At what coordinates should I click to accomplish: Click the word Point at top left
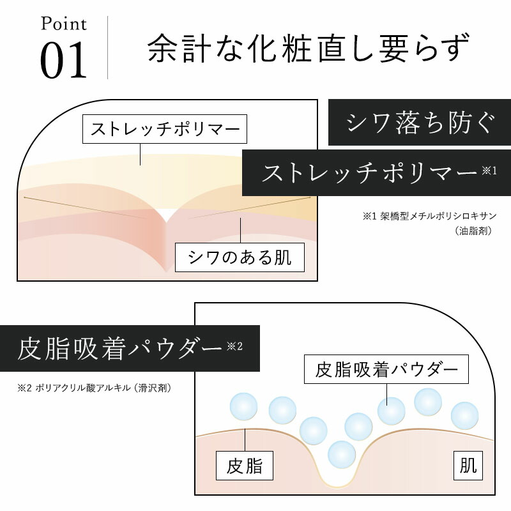coord(63,24)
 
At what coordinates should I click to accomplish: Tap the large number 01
coord(63,60)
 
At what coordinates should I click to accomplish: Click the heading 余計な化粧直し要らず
coord(308,49)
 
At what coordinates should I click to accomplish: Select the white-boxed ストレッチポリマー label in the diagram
coord(165,129)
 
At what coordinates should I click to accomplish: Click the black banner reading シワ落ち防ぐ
coord(420,123)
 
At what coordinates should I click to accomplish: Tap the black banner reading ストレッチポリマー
coord(376,172)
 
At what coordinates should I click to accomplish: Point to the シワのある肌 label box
coord(240,257)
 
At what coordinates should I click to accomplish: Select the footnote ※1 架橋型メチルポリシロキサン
coord(429,216)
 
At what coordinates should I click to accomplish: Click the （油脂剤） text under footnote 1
coord(473,231)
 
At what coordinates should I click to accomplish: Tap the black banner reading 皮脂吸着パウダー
coord(130,348)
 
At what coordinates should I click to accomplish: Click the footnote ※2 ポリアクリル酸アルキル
coord(94,388)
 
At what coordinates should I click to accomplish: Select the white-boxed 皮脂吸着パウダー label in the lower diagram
coord(386,369)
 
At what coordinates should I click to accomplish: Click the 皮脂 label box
coord(245,466)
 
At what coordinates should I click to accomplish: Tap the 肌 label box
coord(468,466)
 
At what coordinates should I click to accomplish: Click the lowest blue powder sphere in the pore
coord(342,454)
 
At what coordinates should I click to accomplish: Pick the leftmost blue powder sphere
coord(243,406)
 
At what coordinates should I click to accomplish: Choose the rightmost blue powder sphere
coord(465,416)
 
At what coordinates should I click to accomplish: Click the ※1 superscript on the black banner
coord(489,171)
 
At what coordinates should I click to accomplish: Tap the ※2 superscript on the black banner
coord(234,346)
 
